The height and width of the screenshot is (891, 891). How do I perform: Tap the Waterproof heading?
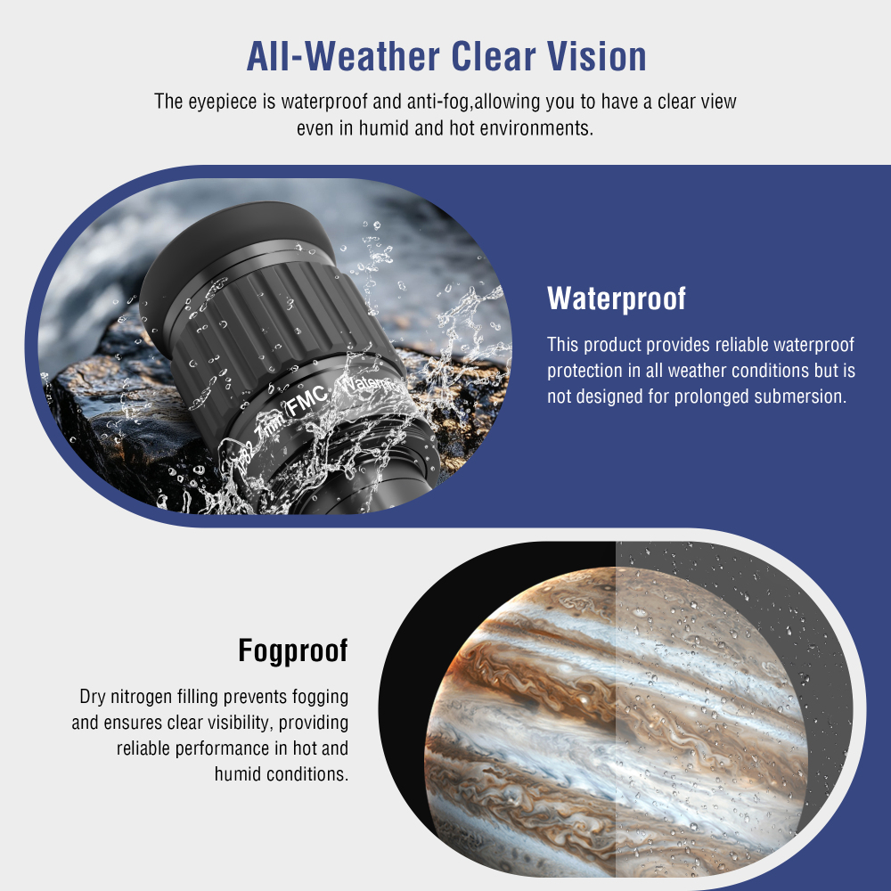[x=617, y=298]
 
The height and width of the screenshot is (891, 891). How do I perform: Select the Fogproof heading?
[x=293, y=651]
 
